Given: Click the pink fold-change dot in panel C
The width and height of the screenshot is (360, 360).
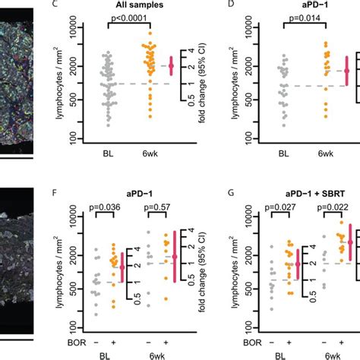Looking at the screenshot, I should point(171,66).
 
